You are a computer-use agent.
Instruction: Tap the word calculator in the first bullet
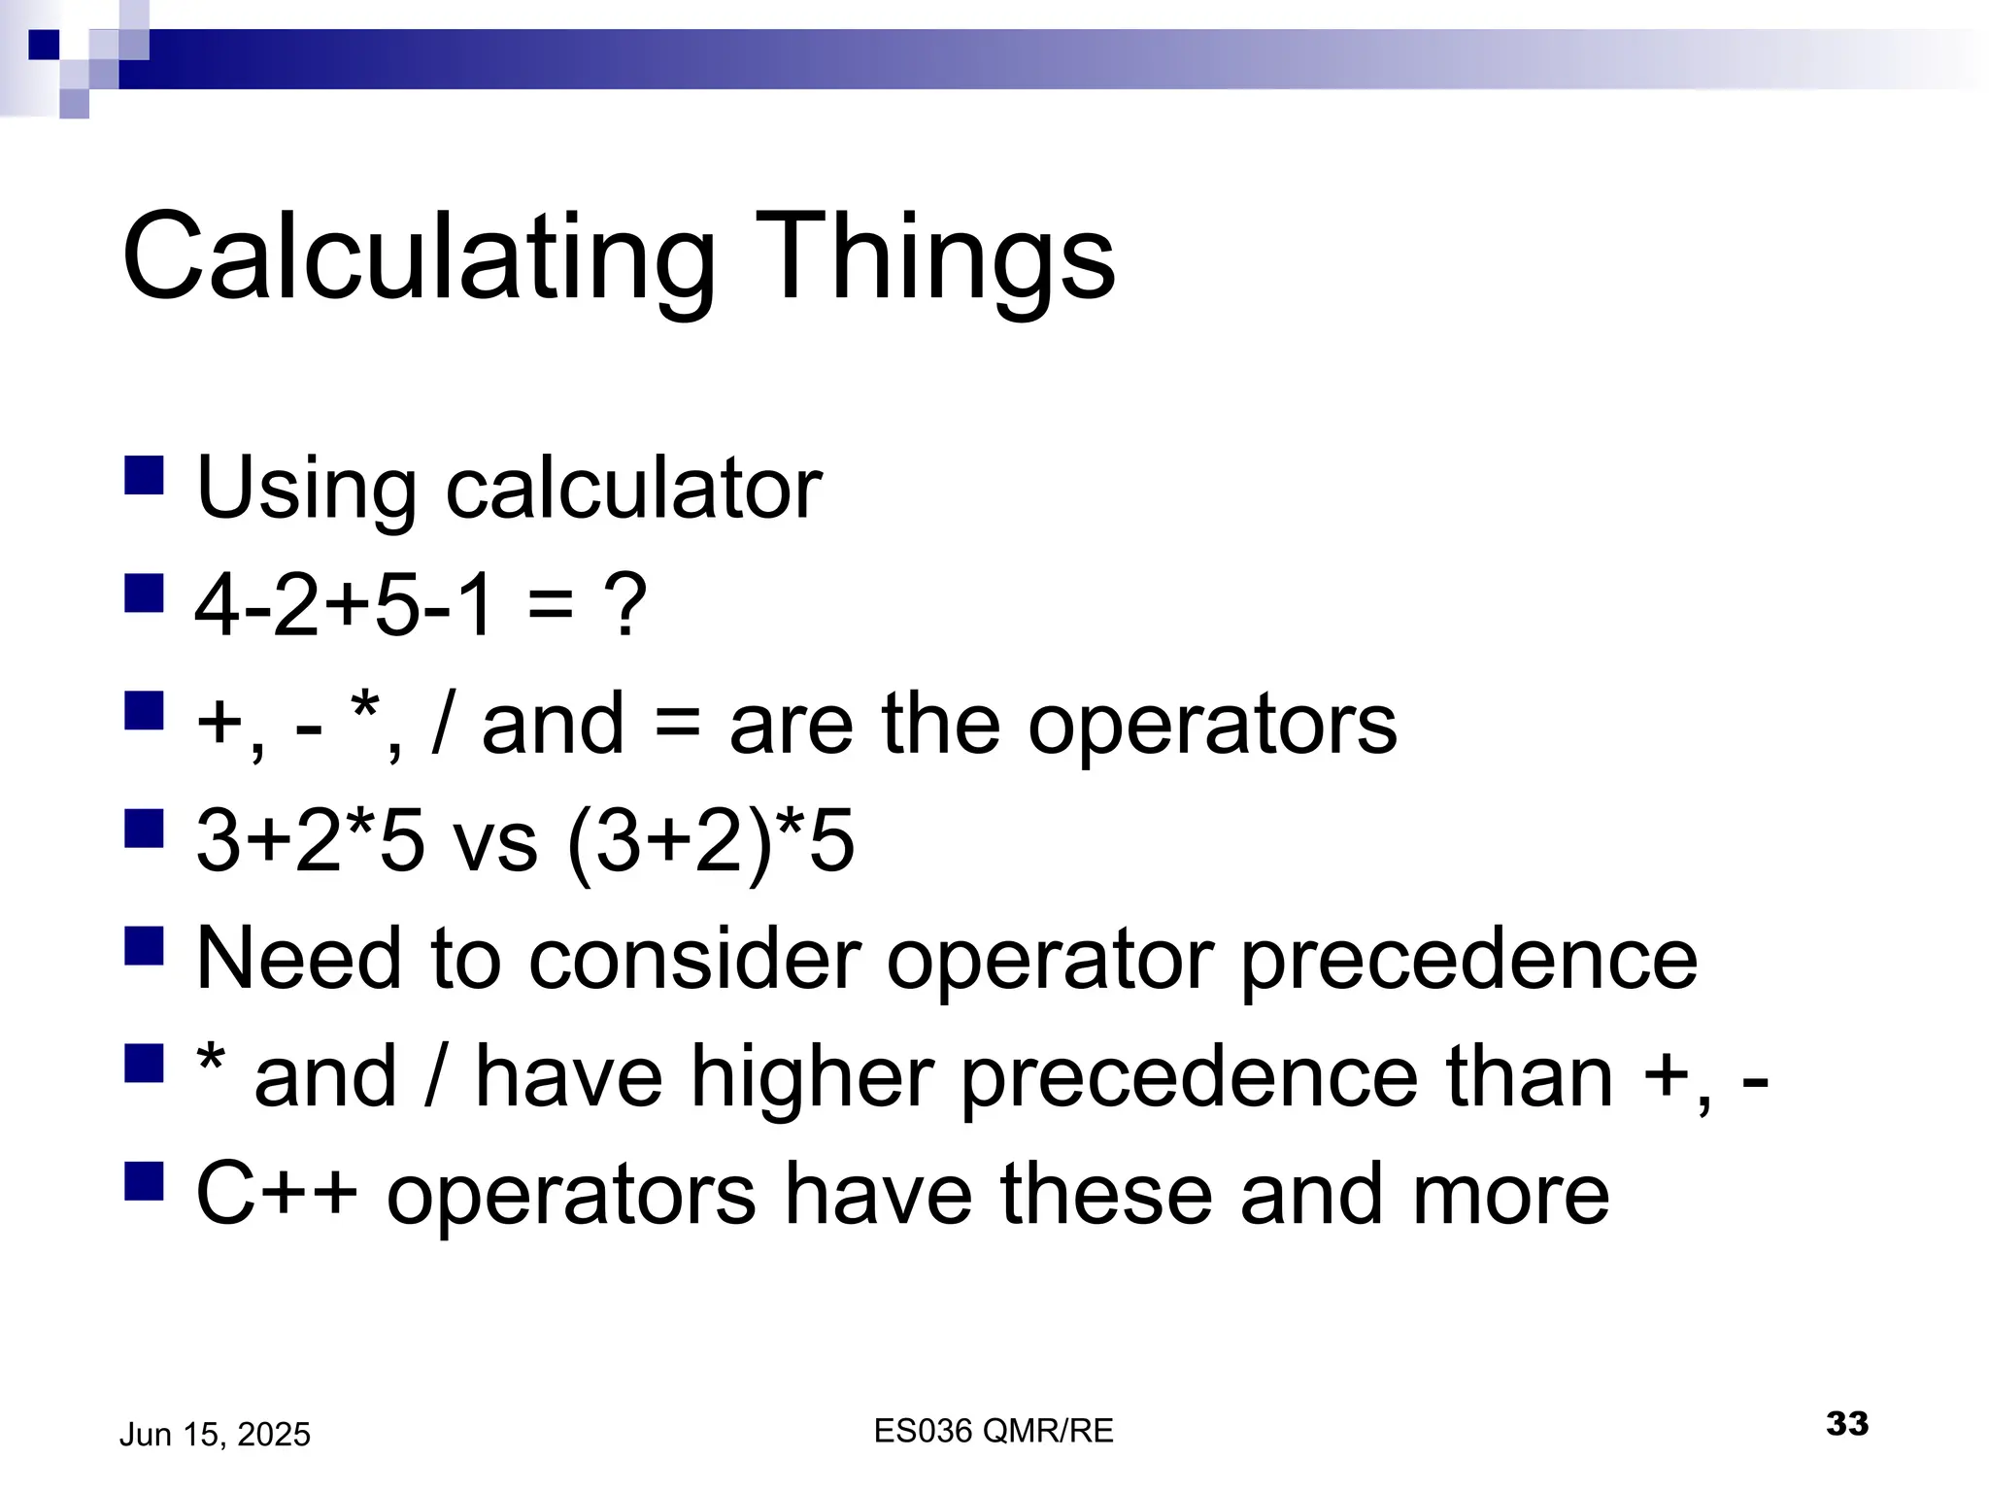click(633, 489)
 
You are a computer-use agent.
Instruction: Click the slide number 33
click(1846, 1424)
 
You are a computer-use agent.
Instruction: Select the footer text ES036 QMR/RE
click(994, 1431)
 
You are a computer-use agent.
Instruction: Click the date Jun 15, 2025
click(215, 1435)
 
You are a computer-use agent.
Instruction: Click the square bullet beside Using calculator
click(144, 476)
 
